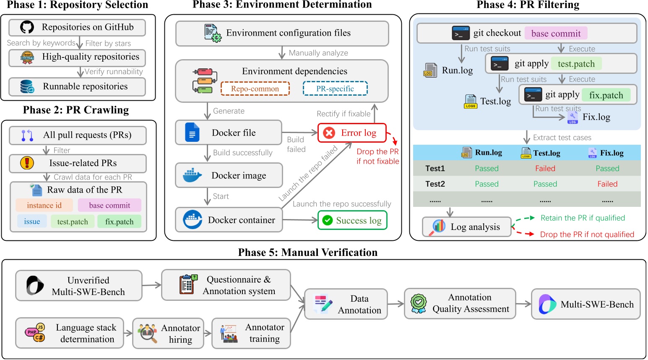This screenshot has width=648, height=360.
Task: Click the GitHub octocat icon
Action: click(x=27, y=27)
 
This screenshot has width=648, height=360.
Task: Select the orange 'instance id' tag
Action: click(x=44, y=205)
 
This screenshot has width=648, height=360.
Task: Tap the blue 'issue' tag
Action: click(x=32, y=221)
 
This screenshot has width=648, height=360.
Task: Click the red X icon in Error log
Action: click(x=329, y=133)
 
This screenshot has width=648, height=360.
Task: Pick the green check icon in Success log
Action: click(x=328, y=220)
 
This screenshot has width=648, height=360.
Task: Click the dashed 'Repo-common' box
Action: click(x=255, y=89)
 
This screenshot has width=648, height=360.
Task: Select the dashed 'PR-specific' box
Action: click(x=335, y=89)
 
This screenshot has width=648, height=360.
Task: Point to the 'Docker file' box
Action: click(x=228, y=133)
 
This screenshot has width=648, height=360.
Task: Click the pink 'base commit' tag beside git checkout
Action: click(x=556, y=33)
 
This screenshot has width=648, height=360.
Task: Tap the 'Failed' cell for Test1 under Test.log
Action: click(x=545, y=168)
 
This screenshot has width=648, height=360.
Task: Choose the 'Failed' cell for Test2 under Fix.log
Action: click(x=607, y=184)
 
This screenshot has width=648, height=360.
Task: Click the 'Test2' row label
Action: click(x=435, y=184)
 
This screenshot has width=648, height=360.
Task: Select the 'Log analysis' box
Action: click(x=466, y=227)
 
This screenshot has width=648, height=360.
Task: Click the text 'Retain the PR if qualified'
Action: click(x=583, y=218)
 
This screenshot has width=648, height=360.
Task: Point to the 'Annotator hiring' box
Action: click(x=168, y=334)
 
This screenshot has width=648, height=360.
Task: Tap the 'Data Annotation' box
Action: click(x=346, y=304)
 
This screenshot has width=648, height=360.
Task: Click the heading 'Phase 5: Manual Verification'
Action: click(x=307, y=252)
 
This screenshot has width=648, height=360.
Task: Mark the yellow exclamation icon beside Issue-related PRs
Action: click(x=27, y=163)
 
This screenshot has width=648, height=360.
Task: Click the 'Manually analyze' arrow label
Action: click(x=318, y=53)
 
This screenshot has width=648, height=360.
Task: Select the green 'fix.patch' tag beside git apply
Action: click(x=606, y=95)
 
